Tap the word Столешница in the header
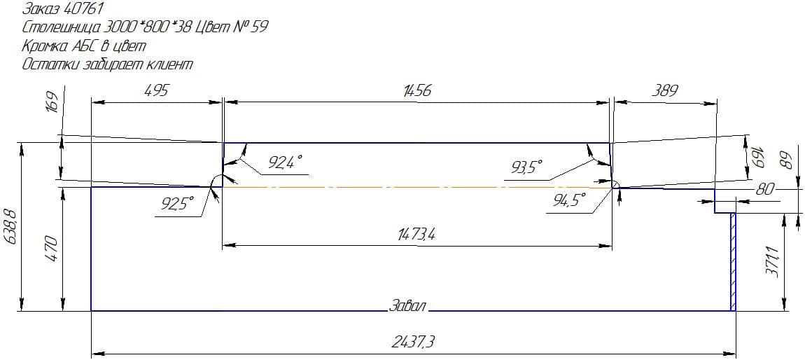(x=57, y=27)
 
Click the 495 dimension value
(x=157, y=91)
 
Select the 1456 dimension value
(x=417, y=91)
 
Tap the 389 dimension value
(x=665, y=91)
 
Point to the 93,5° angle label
(x=526, y=167)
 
